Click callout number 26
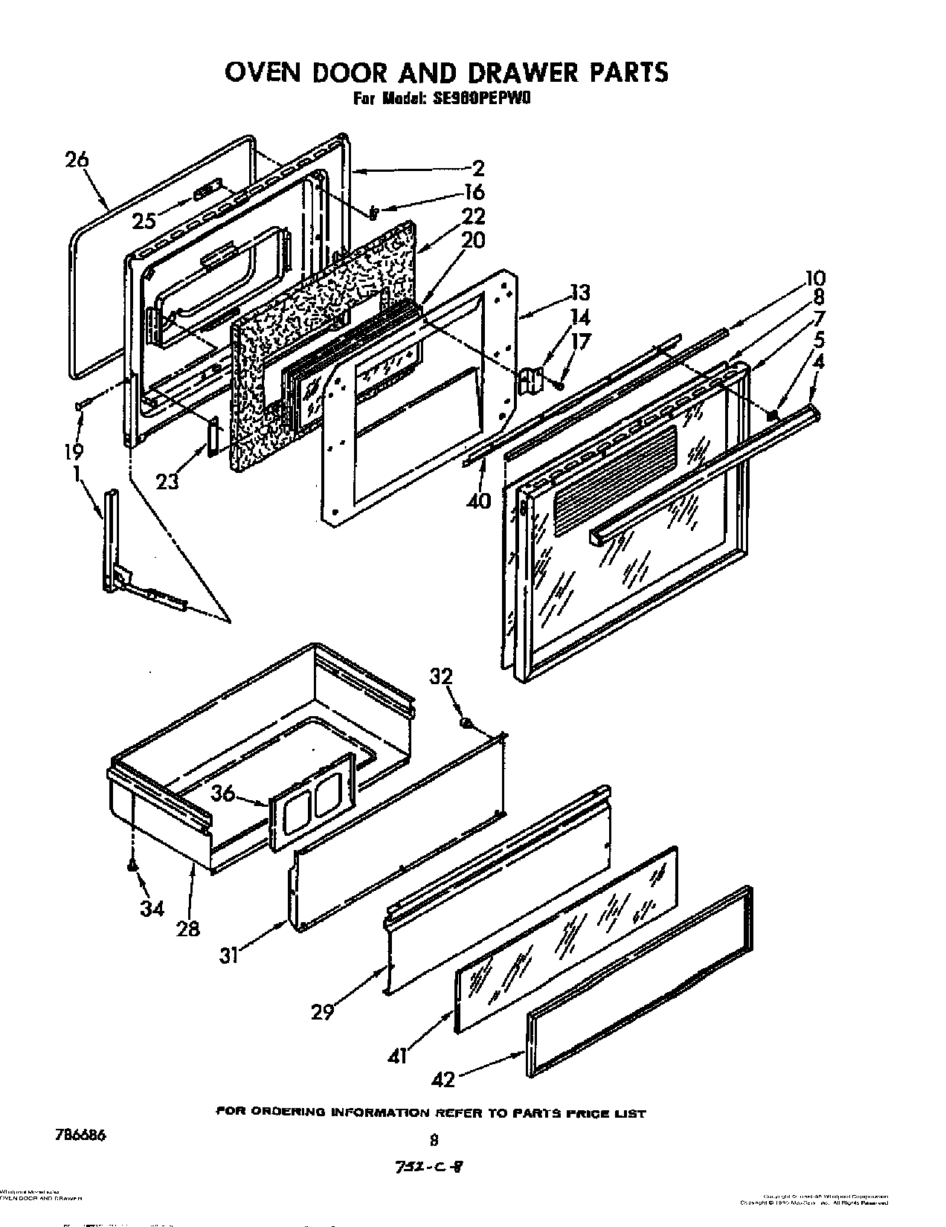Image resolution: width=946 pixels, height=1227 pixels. (77, 160)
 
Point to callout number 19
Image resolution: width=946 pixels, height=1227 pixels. (74, 451)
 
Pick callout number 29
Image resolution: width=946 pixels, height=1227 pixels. (322, 1012)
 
